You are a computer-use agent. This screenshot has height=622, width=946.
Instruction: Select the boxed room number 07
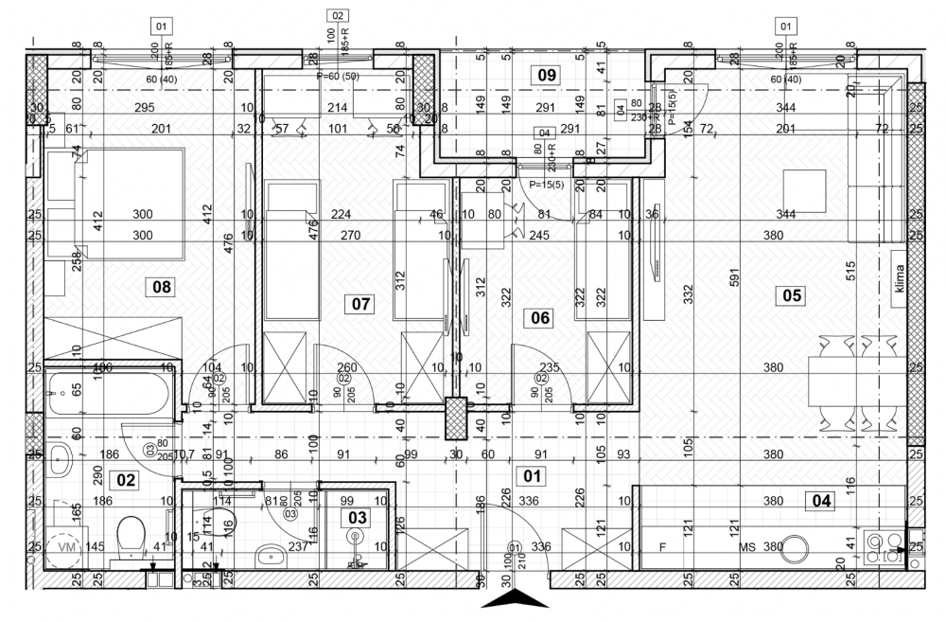[359, 305]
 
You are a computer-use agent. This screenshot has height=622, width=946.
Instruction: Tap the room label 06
[539, 318]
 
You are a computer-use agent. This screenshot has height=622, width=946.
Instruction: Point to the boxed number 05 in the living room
[791, 295]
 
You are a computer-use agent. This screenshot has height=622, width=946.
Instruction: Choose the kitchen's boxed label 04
[821, 501]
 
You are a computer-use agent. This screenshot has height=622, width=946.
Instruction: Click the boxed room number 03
[358, 517]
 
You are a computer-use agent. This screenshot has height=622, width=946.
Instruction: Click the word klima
[899, 281]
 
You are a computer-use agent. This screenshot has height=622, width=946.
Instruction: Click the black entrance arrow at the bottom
[514, 599]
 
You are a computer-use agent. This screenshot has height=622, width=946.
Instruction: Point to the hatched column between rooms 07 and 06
[457, 416]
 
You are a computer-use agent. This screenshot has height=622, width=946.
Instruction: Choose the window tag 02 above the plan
[337, 15]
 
